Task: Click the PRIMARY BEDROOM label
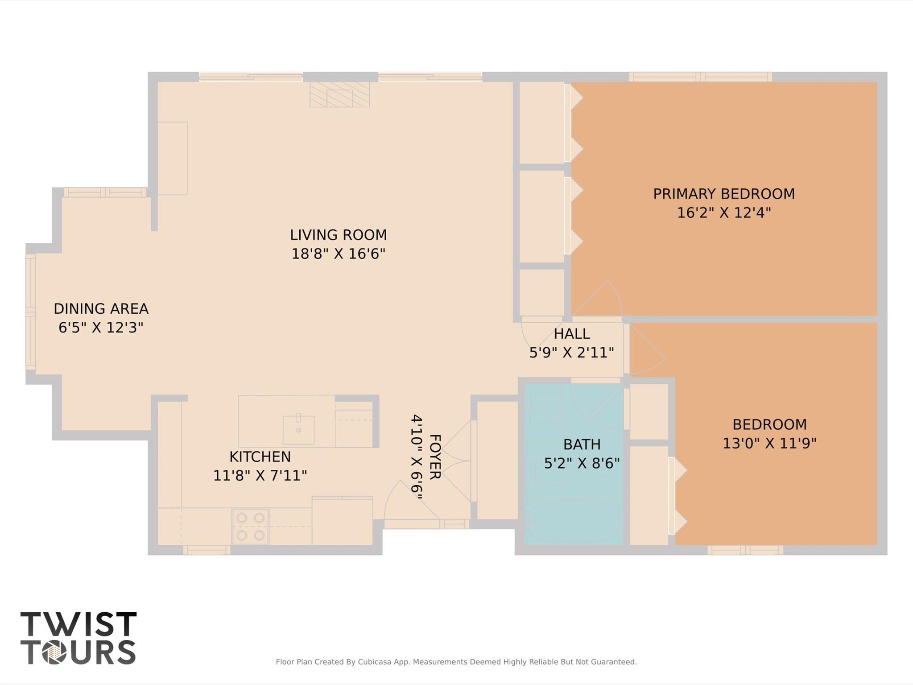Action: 723,194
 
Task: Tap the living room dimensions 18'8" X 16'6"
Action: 338,254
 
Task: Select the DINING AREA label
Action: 101,309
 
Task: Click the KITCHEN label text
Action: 260,457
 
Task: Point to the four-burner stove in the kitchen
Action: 250,526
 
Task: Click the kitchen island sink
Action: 298,429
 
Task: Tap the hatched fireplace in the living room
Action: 339,94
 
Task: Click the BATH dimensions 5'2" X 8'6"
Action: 582,464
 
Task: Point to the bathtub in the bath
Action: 573,521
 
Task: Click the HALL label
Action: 572,334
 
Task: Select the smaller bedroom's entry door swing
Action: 645,353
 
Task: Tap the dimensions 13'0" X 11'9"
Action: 769,444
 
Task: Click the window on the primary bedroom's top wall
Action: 700,77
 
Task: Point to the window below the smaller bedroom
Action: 745,550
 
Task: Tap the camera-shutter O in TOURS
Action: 54,652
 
